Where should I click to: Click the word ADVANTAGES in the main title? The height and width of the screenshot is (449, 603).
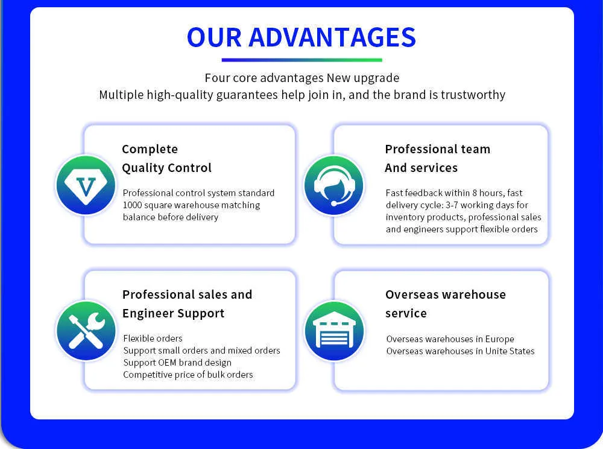(x=332, y=37)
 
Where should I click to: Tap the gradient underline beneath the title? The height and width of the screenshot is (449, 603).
(x=302, y=60)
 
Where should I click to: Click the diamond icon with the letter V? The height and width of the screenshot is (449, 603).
(x=86, y=185)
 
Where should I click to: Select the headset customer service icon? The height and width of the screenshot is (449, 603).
(x=334, y=185)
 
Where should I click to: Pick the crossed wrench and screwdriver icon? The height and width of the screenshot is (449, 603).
(x=86, y=331)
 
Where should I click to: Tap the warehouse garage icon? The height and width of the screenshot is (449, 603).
(x=334, y=331)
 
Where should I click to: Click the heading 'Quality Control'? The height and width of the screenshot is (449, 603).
(x=166, y=168)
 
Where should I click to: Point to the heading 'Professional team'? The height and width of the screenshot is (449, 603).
(x=438, y=149)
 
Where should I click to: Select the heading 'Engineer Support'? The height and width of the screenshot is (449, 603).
(x=173, y=314)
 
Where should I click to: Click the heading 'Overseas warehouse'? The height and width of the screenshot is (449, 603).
(x=446, y=295)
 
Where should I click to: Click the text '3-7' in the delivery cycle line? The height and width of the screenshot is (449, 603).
(x=452, y=205)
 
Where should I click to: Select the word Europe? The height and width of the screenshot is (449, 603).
(x=499, y=339)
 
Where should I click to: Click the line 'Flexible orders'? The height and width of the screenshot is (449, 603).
(x=153, y=338)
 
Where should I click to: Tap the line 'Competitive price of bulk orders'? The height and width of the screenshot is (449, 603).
(x=188, y=375)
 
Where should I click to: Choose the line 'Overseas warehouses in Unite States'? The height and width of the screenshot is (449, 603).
(x=460, y=351)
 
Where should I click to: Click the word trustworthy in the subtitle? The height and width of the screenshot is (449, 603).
(x=473, y=95)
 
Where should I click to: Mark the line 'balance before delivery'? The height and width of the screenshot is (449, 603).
(x=171, y=217)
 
